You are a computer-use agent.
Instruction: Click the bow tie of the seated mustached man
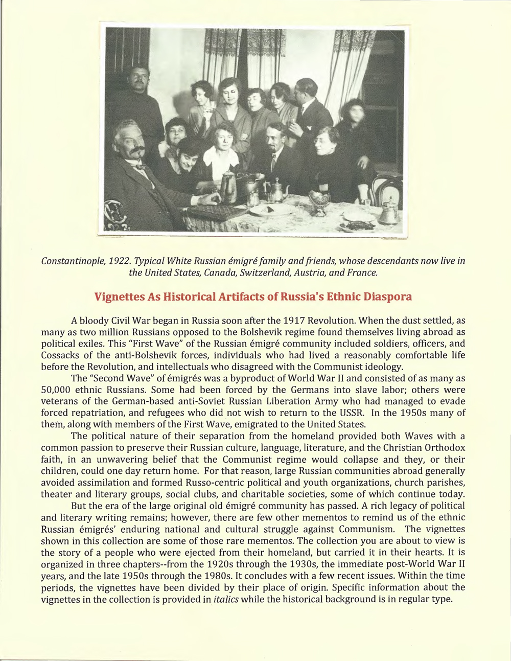click(x=139, y=166)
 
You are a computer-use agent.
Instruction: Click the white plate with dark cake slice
click(x=271, y=210)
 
